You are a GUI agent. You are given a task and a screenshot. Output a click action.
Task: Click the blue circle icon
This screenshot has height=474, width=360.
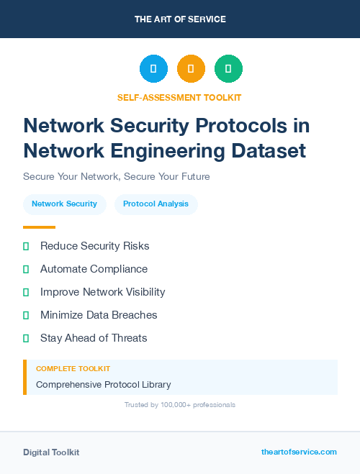click(153, 68)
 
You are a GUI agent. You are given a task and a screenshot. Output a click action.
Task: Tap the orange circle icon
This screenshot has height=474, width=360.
click(191, 68)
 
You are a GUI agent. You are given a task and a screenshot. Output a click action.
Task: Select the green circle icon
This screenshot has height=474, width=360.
click(228, 68)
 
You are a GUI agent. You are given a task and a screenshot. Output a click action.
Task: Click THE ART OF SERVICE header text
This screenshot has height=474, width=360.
click(180, 19)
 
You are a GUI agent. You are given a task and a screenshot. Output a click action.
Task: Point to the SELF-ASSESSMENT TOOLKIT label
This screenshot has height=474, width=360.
click(179, 97)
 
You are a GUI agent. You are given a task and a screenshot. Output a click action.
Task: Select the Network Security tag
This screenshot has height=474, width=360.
click(65, 204)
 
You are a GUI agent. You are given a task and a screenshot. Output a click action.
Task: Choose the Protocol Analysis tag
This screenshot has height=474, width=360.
click(156, 204)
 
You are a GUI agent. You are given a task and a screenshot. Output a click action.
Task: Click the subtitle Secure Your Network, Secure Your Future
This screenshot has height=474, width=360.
click(116, 176)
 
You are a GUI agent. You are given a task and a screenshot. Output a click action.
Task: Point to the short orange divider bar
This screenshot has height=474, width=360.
click(39, 227)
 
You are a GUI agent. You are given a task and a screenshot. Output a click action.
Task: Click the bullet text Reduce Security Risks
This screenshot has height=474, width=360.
click(94, 246)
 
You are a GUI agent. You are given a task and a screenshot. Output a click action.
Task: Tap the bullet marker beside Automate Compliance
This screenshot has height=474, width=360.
click(26, 269)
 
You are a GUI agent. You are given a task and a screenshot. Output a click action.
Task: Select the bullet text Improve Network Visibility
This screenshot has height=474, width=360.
click(102, 292)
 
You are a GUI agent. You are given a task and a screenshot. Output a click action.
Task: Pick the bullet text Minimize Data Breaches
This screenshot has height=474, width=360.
click(99, 315)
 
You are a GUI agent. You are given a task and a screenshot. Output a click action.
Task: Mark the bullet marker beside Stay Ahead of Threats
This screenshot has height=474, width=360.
click(26, 338)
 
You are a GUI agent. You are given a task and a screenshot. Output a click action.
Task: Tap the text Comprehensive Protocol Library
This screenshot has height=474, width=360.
click(104, 385)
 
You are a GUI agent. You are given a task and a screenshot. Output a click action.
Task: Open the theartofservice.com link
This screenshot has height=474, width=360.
click(299, 452)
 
